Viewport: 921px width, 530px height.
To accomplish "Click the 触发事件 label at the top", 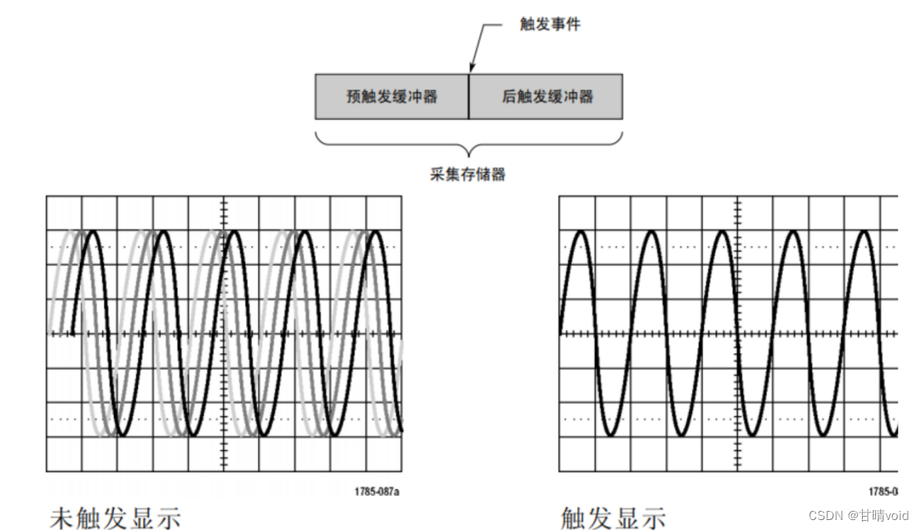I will point(550,25).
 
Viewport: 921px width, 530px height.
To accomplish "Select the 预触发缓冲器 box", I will point(392,97).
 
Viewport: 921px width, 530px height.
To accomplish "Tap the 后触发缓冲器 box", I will point(546,97).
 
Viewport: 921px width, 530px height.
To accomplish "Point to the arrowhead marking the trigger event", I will point(471,69).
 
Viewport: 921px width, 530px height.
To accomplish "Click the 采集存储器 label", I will point(468,175).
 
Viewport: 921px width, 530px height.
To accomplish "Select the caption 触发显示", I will point(613,518).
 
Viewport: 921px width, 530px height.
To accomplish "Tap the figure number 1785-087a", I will point(377,492).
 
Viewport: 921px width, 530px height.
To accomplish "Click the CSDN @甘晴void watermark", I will point(859,516).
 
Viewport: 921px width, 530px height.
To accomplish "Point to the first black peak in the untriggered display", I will point(94,232).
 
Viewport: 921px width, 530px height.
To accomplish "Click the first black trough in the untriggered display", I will point(121,433).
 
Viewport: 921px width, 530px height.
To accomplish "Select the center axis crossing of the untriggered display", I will point(224,334).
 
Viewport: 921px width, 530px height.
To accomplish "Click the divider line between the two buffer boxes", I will point(468,97).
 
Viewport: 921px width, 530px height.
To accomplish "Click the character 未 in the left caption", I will point(62,518).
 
